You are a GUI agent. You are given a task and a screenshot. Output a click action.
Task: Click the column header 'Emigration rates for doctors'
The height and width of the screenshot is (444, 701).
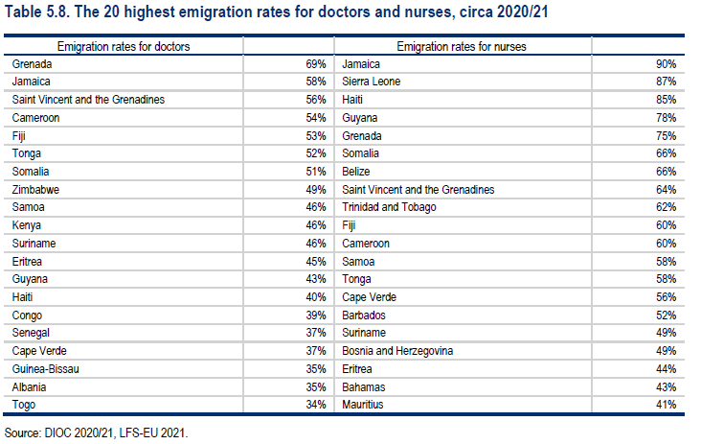coord(124,47)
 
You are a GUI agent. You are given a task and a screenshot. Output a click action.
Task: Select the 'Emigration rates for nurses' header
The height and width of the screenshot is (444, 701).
coord(462,47)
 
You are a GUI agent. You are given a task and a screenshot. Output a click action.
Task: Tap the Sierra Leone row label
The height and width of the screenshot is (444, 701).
coord(371,82)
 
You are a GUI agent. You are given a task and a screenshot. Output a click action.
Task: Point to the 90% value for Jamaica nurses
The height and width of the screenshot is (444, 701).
coord(666,64)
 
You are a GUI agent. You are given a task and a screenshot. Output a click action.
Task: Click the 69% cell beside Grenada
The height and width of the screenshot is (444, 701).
coord(316,64)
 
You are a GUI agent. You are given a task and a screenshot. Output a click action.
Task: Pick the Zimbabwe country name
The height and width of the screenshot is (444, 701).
coord(35,190)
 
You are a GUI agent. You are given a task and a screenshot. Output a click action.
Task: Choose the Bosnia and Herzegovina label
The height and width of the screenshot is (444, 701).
coord(397,351)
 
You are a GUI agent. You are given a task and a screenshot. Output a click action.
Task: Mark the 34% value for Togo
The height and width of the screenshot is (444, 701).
coord(316,405)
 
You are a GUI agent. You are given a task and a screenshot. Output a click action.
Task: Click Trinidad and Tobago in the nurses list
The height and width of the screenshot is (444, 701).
coord(389,207)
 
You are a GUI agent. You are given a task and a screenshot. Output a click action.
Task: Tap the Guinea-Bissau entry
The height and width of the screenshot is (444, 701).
coord(46,369)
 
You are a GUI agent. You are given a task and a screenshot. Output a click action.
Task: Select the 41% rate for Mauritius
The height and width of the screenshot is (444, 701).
coord(666,405)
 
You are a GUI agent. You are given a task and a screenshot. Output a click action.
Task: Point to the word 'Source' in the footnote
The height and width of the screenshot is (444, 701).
coord(22,433)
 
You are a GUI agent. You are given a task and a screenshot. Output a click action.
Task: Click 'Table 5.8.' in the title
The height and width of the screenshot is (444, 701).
coord(36,12)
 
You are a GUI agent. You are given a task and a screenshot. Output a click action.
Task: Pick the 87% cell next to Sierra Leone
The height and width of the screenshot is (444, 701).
coord(666,82)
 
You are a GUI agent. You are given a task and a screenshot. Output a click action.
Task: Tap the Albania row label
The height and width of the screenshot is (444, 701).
coord(29,387)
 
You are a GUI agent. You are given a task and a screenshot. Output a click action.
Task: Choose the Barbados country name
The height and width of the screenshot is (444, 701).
coord(364,315)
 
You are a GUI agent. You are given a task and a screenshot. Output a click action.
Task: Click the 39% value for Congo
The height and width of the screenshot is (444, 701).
coord(316,315)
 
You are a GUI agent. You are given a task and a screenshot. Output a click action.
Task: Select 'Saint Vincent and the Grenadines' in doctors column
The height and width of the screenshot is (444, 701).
coord(88,100)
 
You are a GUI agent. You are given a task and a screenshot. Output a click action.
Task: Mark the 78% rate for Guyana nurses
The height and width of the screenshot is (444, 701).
coord(666,118)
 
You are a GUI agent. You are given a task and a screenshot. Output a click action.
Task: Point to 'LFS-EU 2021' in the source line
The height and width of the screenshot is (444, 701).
coord(153,433)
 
